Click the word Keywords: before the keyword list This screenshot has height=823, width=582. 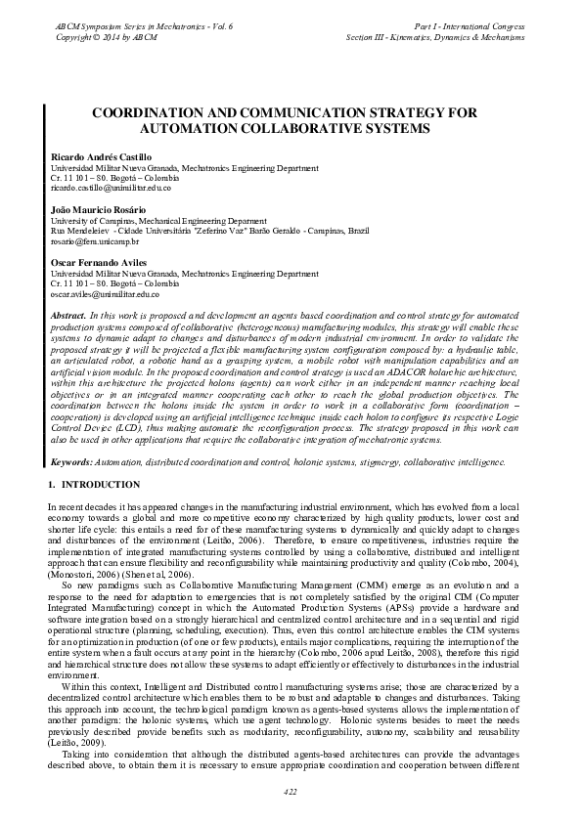tap(71, 459)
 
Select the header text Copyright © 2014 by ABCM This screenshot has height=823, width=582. tap(95, 35)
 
